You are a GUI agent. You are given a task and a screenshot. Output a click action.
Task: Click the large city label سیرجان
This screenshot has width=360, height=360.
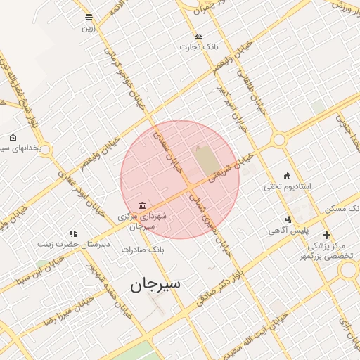155,284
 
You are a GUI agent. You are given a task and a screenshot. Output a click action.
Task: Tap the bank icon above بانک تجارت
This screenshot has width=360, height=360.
198,36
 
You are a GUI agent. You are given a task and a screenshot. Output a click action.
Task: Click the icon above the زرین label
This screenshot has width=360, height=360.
89,18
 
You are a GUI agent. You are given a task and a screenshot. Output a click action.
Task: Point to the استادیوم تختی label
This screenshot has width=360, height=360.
287,186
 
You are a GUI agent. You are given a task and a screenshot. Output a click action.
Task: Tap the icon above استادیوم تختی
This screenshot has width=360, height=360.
287,175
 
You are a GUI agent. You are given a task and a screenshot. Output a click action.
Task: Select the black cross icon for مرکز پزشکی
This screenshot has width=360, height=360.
326,235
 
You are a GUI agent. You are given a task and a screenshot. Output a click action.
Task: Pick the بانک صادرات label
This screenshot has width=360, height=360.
143,250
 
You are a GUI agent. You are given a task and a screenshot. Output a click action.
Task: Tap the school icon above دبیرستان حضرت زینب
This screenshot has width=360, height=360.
73,233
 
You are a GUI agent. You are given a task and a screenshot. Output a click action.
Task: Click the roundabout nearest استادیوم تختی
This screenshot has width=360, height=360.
279,139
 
